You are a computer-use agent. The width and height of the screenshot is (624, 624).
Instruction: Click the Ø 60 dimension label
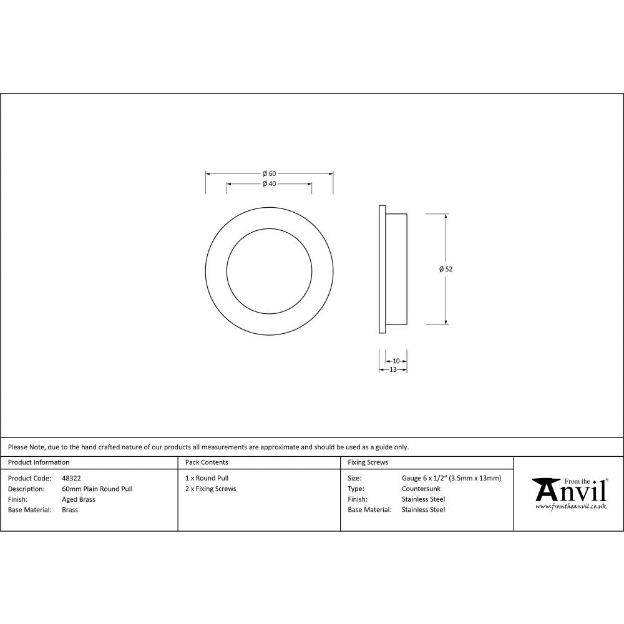click(x=269, y=173)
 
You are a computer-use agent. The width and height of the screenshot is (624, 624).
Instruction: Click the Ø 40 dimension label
click(x=269, y=183)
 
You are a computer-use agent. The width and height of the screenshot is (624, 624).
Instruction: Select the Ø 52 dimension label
click(x=446, y=269)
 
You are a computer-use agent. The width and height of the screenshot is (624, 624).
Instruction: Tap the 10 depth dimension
click(x=396, y=361)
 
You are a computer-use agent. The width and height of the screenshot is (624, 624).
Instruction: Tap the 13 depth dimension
click(x=393, y=369)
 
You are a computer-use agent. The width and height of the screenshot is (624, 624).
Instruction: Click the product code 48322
click(x=72, y=478)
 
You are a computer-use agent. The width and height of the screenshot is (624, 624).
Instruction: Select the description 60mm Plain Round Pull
click(x=97, y=489)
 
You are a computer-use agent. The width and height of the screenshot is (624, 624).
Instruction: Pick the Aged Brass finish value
click(x=79, y=499)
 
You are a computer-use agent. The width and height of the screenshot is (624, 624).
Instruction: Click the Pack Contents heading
click(x=207, y=462)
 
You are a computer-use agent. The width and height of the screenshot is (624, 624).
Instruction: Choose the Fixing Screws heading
click(x=368, y=462)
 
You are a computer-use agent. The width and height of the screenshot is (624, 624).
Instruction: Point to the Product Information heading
click(x=39, y=462)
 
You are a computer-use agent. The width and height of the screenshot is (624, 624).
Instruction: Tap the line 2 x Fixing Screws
click(x=211, y=489)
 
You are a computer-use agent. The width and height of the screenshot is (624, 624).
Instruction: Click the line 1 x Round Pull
click(x=207, y=478)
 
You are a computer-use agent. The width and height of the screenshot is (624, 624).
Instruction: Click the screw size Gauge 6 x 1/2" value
click(x=451, y=478)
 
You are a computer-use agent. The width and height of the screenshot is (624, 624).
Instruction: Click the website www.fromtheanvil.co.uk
click(x=570, y=506)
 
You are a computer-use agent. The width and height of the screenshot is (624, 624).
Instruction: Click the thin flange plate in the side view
click(x=381, y=269)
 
